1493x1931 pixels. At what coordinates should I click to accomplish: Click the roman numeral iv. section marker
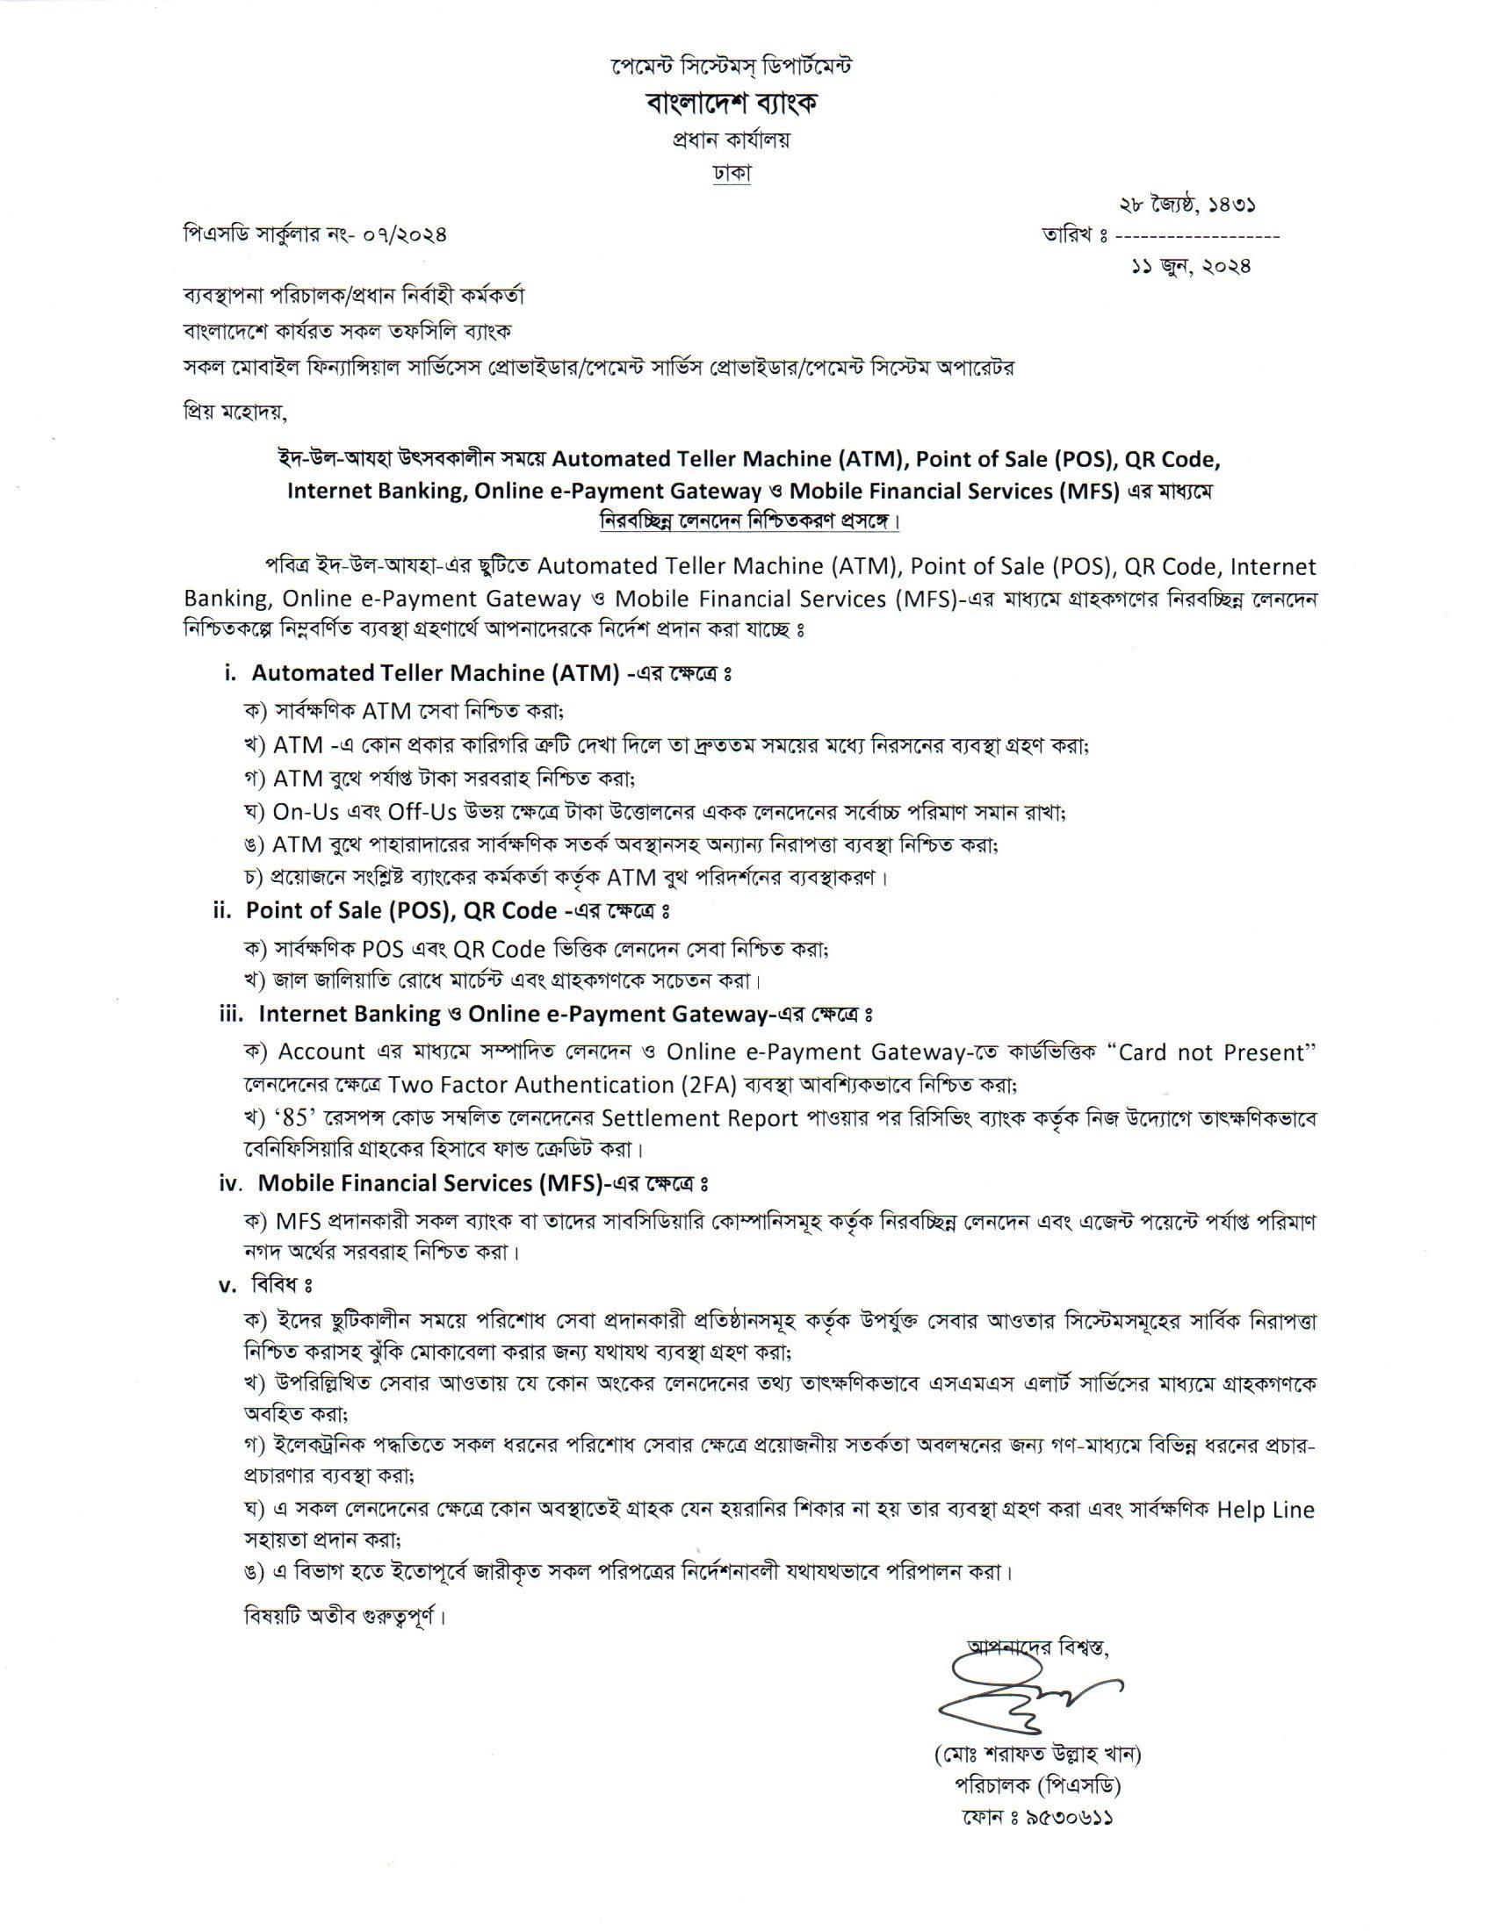(232, 1183)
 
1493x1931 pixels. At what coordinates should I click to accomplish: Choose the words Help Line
(1266, 1510)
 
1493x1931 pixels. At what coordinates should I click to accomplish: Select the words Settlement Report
(700, 1118)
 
